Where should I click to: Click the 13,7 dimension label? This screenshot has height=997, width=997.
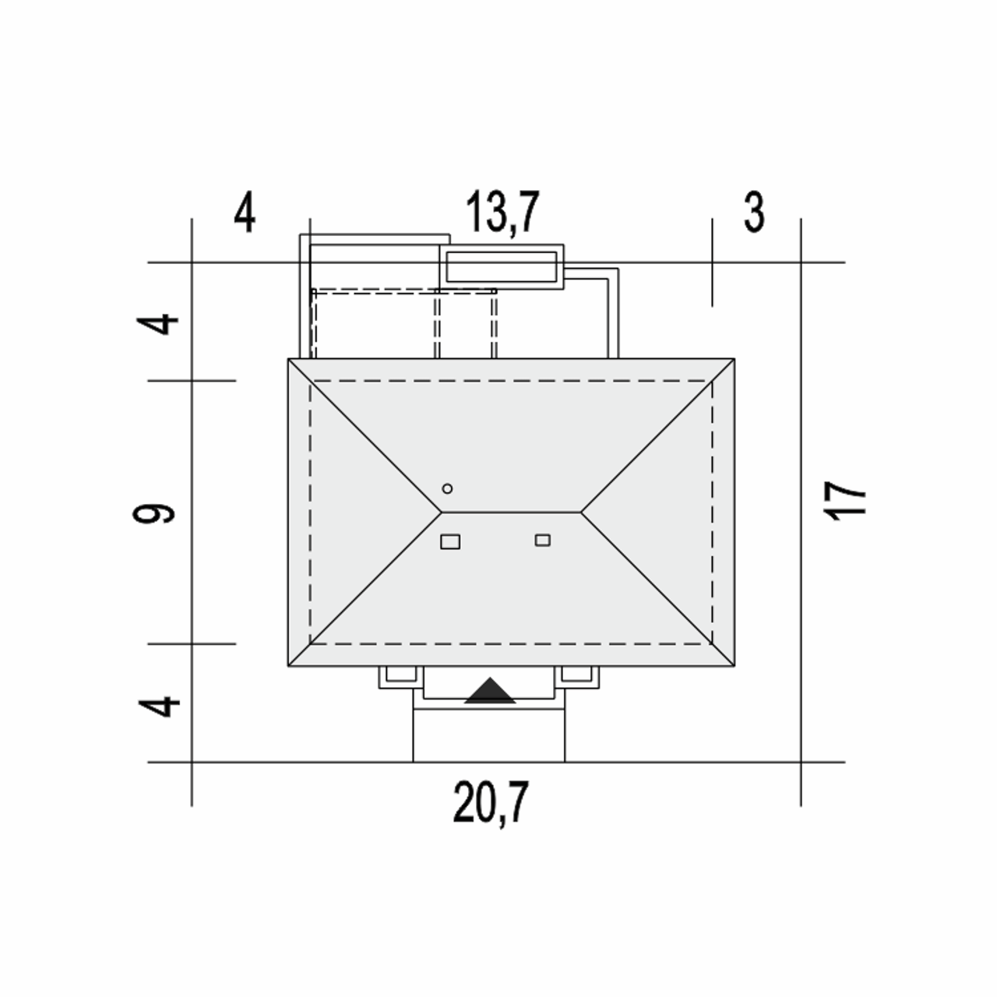(x=502, y=212)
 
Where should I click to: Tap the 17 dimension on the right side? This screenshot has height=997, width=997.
(x=844, y=501)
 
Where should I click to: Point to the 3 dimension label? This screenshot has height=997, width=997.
(x=754, y=212)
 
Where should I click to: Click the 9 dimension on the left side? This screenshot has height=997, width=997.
(x=153, y=514)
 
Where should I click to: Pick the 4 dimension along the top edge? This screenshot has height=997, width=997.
(x=245, y=212)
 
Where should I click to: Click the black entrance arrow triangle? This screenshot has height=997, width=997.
(x=490, y=690)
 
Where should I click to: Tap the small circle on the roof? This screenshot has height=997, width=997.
(x=448, y=488)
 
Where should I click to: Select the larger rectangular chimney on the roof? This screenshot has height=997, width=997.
(x=450, y=541)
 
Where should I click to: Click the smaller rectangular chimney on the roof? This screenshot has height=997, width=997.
(x=543, y=540)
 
